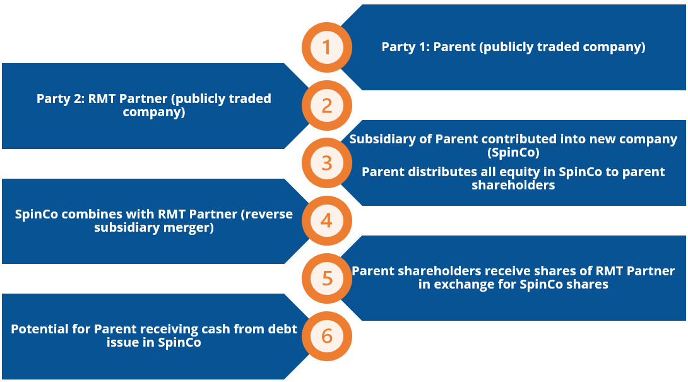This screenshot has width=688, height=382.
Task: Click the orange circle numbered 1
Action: coord(326,47)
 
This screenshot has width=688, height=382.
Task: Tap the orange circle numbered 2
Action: coord(326,105)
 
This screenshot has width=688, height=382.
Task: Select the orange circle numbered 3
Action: coord(326,163)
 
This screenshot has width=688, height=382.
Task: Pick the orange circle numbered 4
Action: coord(326,220)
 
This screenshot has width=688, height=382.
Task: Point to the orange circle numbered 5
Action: coord(326,278)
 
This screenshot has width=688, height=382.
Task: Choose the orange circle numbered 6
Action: coord(326,336)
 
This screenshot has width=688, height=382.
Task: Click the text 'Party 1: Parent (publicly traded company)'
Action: coord(513,47)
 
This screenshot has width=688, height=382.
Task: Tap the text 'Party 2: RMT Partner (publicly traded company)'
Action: coord(153,105)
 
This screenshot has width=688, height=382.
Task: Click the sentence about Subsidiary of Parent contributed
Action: coord(513,145)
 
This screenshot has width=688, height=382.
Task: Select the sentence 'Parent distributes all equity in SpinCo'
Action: coord(513,178)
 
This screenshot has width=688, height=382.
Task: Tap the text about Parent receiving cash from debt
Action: coord(153,336)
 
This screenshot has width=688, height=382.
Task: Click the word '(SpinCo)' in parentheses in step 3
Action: coord(513,152)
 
